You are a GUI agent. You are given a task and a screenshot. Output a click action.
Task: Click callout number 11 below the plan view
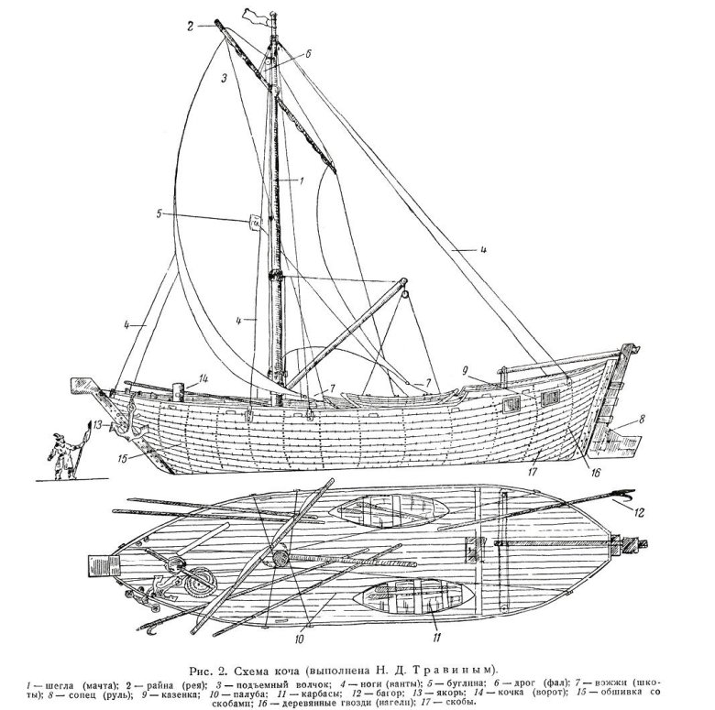(434, 632)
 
